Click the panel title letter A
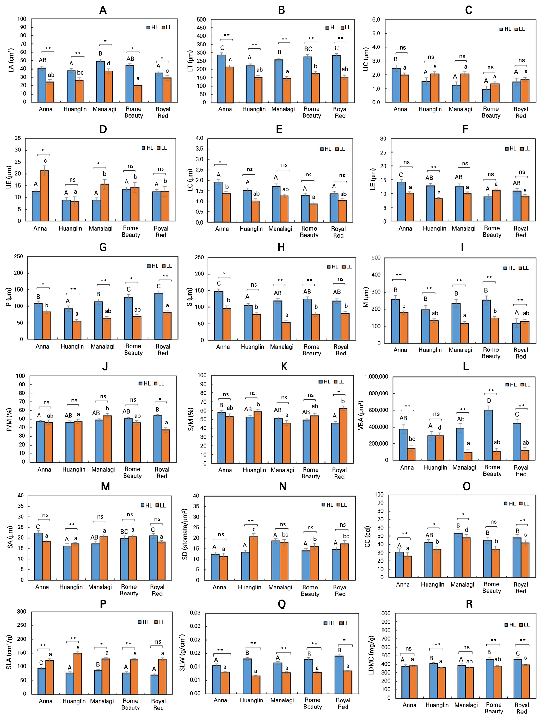pos(103,10)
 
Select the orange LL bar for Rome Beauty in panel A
pos(138,94)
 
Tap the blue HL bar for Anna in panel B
pos(221,79)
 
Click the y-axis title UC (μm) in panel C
pos(366,59)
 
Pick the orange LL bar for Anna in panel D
pos(44,196)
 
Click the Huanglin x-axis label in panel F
pos(434,228)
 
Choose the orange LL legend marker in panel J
pos(156,384)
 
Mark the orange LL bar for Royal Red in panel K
pos(343,435)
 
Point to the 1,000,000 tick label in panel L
pos(376,377)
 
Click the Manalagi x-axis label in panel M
pos(100,587)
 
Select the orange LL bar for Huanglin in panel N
pos(254,558)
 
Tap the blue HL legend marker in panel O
pos(506,504)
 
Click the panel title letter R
pos(469,604)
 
